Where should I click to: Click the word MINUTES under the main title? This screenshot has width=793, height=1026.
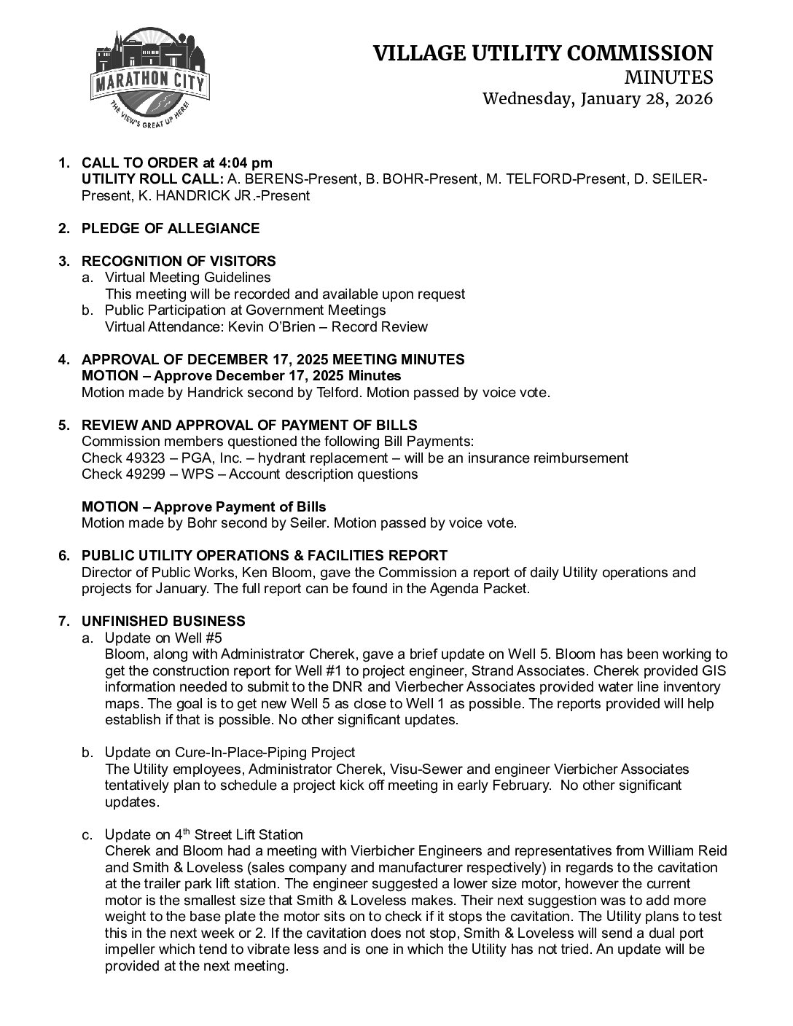[x=668, y=77]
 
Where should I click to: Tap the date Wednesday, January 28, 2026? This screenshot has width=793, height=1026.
[x=598, y=98]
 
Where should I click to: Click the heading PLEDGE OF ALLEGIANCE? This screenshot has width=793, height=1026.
[x=170, y=228]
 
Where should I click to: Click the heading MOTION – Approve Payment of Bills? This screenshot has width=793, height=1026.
[x=203, y=506]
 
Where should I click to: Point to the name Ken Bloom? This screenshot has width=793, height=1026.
[x=252, y=572]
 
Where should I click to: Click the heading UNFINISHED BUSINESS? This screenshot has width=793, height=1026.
[x=163, y=621]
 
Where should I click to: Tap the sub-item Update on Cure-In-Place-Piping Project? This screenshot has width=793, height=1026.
[x=230, y=752]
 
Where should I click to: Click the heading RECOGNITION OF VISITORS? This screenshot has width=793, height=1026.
[x=179, y=261]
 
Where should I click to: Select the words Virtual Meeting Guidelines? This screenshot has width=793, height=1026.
[x=187, y=278]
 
